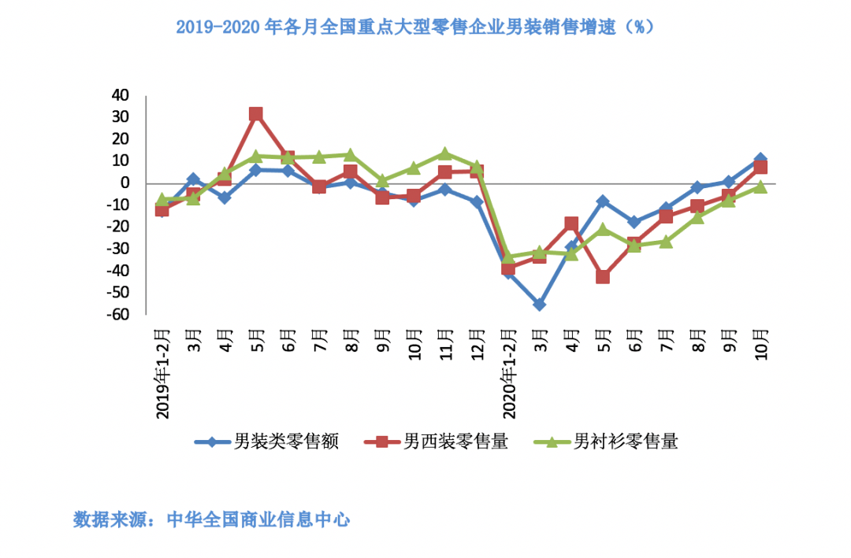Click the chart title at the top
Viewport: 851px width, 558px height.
(415, 28)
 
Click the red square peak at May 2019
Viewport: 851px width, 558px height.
(256, 114)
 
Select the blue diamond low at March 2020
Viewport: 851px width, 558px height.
(540, 305)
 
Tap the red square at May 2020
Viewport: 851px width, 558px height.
(603, 277)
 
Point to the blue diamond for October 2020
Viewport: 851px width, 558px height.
(760, 160)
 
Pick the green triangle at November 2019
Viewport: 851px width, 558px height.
(445, 153)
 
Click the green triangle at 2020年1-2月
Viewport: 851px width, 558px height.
(508, 257)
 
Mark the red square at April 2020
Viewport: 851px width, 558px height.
(571, 224)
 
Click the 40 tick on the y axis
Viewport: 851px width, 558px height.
(120, 95)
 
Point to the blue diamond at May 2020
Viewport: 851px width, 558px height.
(603, 201)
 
